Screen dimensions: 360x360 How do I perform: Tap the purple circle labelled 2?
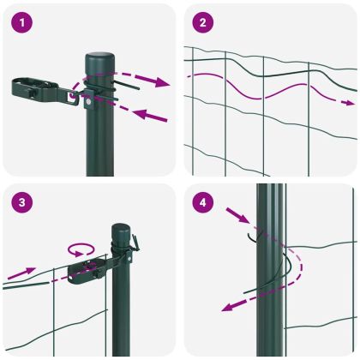(201, 22)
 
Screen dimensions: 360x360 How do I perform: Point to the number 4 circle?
(201, 203)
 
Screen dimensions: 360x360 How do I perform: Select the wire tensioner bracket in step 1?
(43, 89)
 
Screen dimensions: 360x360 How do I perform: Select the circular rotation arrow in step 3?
(81, 249)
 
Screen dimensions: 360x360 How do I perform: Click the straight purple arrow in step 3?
(22, 273)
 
